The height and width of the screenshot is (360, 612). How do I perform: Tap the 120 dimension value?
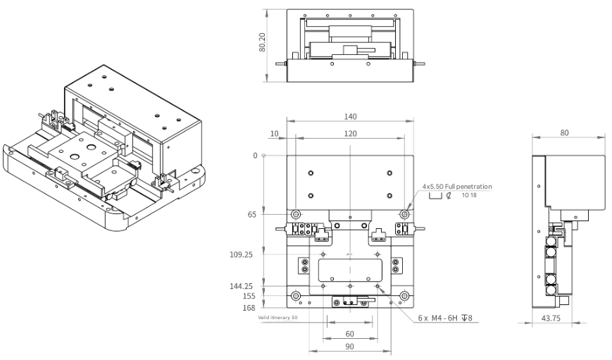click(x=349, y=133)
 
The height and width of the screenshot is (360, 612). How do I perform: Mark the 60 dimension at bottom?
click(x=349, y=333)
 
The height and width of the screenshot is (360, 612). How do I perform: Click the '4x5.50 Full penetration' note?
click(x=456, y=187)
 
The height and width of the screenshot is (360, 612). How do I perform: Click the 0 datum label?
click(x=255, y=155)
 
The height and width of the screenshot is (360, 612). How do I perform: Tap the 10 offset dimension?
click(x=274, y=133)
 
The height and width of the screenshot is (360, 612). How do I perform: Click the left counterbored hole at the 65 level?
click(x=295, y=213)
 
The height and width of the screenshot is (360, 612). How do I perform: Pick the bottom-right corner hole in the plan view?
click(x=404, y=295)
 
